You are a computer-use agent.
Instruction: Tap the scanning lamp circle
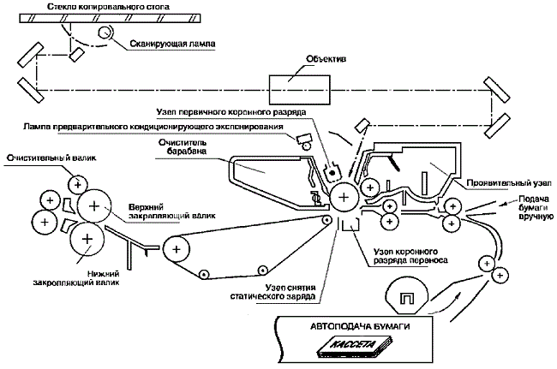[x=105, y=33]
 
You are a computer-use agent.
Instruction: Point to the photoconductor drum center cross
[x=344, y=198]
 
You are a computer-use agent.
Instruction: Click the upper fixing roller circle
[x=93, y=205]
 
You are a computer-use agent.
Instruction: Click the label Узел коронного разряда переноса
[x=402, y=255]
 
